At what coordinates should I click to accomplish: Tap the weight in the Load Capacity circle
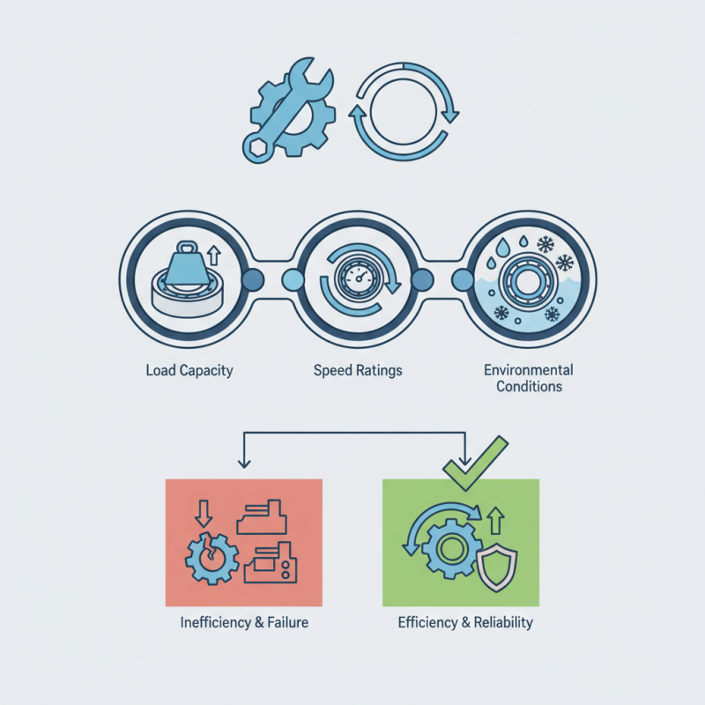186,263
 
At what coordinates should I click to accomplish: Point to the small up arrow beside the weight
214,256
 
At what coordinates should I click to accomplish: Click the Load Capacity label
189,370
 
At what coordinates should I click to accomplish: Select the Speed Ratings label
358,370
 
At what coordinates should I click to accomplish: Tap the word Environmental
529,370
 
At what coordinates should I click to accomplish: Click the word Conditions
529,387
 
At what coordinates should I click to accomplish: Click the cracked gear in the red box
211,556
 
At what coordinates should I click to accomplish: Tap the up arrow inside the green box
494,522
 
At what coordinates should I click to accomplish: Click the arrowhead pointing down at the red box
242,463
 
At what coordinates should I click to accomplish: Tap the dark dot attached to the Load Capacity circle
253,280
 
